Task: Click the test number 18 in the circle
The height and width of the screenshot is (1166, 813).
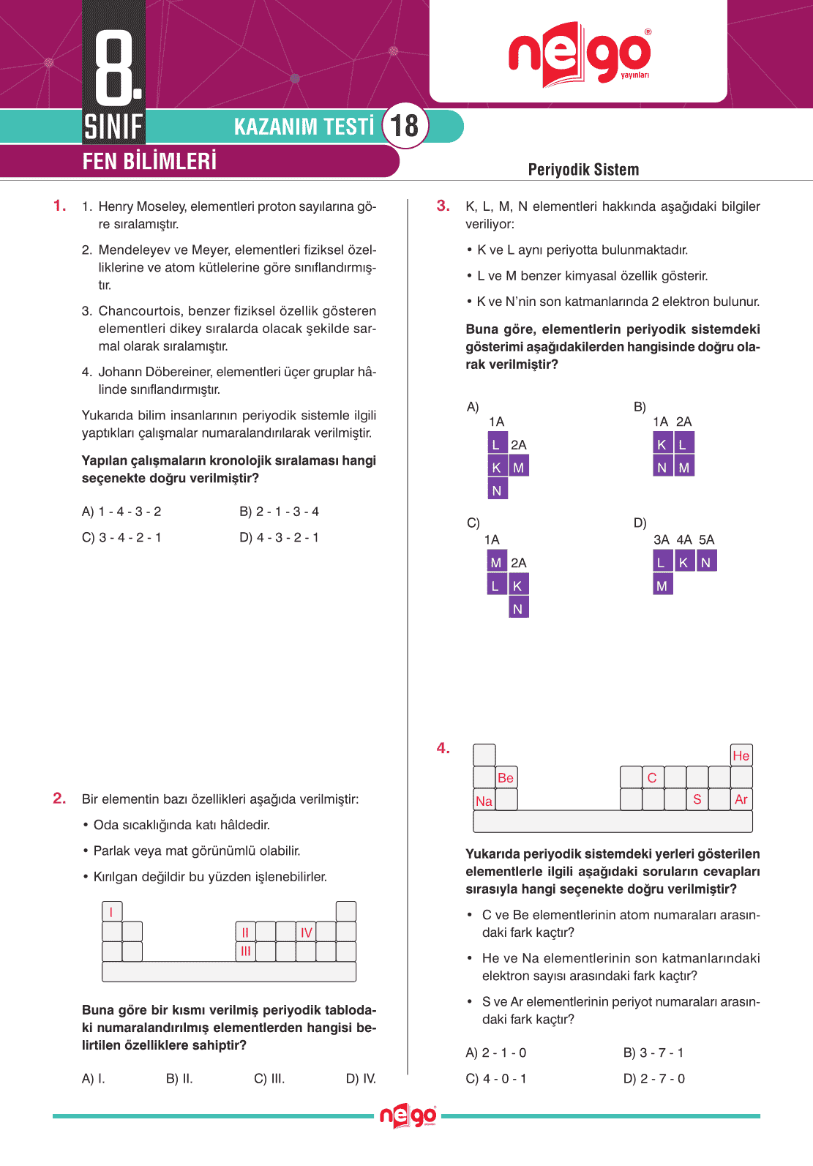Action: click(x=405, y=125)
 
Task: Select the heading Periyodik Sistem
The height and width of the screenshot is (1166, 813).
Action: click(x=583, y=170)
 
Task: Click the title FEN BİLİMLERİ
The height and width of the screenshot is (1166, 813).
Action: click(x=149, y=161)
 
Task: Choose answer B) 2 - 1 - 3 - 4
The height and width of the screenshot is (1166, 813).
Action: click(x=279, y=512)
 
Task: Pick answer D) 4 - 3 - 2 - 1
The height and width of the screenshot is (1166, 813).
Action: click(x=279, y=537)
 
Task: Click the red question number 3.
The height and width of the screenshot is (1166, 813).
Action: click(x=443, y=206)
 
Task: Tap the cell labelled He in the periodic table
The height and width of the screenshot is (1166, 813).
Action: click(x=741, y=755)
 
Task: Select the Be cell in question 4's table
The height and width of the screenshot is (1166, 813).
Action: click(x=506, y=778)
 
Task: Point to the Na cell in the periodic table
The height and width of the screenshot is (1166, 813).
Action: click(x=484, y=801)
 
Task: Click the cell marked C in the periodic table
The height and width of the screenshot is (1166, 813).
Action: click(x=652, y=778)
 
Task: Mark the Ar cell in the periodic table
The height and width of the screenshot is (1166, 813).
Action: click(x=741, y=799)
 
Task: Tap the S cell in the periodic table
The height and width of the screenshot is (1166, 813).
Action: click(x=697, y=799)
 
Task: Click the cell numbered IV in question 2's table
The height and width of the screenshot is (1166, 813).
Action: click(x=306, y=933)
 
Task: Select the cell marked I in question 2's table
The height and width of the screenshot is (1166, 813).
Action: click(x=111, y=912)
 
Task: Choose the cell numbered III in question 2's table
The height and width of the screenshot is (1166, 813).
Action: click(x=246, y=952)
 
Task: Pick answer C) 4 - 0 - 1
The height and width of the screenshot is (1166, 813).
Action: click(x=496, y=1078)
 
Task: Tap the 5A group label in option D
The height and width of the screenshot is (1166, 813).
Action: click(x=706, y=539)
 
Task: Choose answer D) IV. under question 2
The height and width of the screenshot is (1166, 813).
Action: click(x=361, y=1078)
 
